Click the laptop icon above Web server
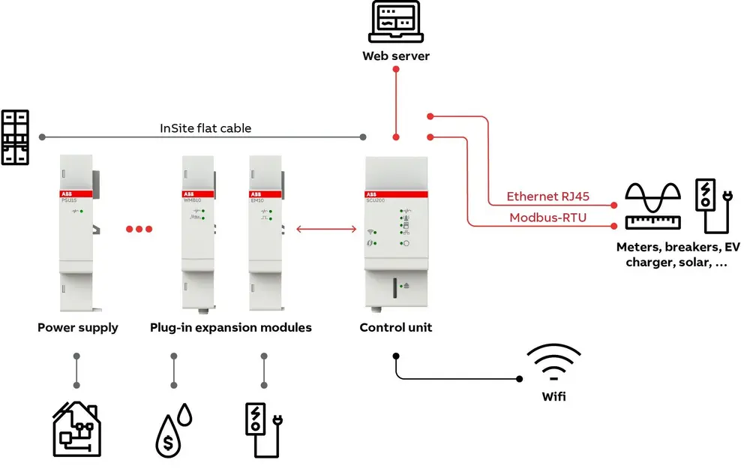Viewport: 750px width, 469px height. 396,23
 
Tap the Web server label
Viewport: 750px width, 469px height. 396,56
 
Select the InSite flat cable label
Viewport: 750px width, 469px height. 205,128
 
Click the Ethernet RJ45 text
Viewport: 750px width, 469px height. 547,197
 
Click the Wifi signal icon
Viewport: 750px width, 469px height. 553,362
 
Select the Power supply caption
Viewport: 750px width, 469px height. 78,328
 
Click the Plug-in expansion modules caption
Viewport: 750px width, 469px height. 231,328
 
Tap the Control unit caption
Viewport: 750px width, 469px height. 396,328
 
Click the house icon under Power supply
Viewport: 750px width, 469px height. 76,429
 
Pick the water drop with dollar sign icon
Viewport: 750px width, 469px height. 172,431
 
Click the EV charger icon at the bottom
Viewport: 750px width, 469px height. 262,430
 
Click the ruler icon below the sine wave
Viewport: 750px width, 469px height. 652,222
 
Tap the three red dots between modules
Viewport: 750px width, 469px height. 139,230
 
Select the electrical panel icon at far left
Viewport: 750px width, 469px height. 15,137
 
